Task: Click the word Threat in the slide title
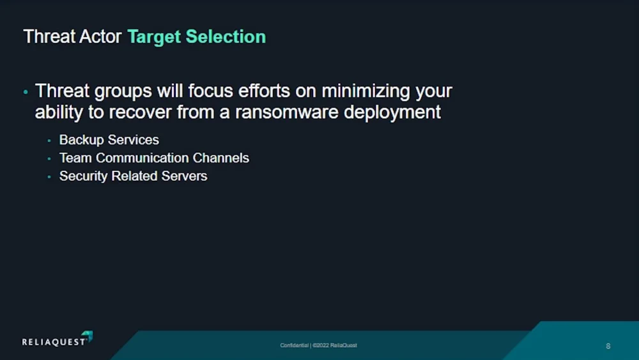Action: [x=49, y=36]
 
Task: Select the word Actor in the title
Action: [x=100, y=36]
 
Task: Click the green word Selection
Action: [x=226, y=36]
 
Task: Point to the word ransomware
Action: [x=287, y=112]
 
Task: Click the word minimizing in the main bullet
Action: [x=366, y=91]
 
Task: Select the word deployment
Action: [x=392, y=113]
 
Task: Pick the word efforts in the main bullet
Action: [x=264, y=91]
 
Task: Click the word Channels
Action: [x=221, y=158]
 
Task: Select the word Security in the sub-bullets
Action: [x=83, y=176]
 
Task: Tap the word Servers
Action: [x=184, y=176]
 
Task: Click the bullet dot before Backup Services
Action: [x=49, y=141]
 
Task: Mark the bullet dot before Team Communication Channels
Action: [x=49, y=159]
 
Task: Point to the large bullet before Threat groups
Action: [x=26, y=93]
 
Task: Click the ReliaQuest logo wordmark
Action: [x=58, y=339]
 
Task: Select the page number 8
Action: [x=608, y=346]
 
